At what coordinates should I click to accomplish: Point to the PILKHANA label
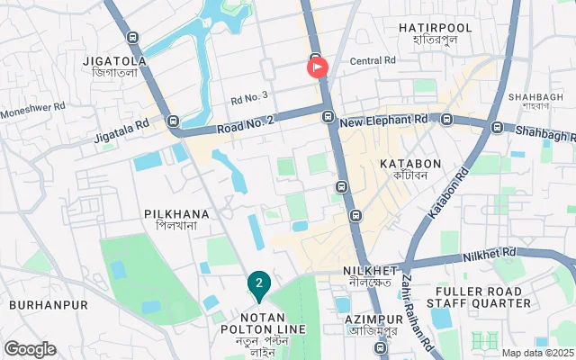[176, 214]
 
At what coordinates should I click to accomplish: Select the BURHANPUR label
[49, 305]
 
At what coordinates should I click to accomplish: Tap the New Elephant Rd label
[384, 119]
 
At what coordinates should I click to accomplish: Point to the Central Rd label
[373, 61]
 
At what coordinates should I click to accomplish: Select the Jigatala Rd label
[121, 132]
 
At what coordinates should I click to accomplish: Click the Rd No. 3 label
[249, 96]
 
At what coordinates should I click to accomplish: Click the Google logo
[30, 349]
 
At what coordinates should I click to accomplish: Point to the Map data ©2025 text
[537, 354]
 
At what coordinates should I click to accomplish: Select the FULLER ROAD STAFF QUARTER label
[482, 297]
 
